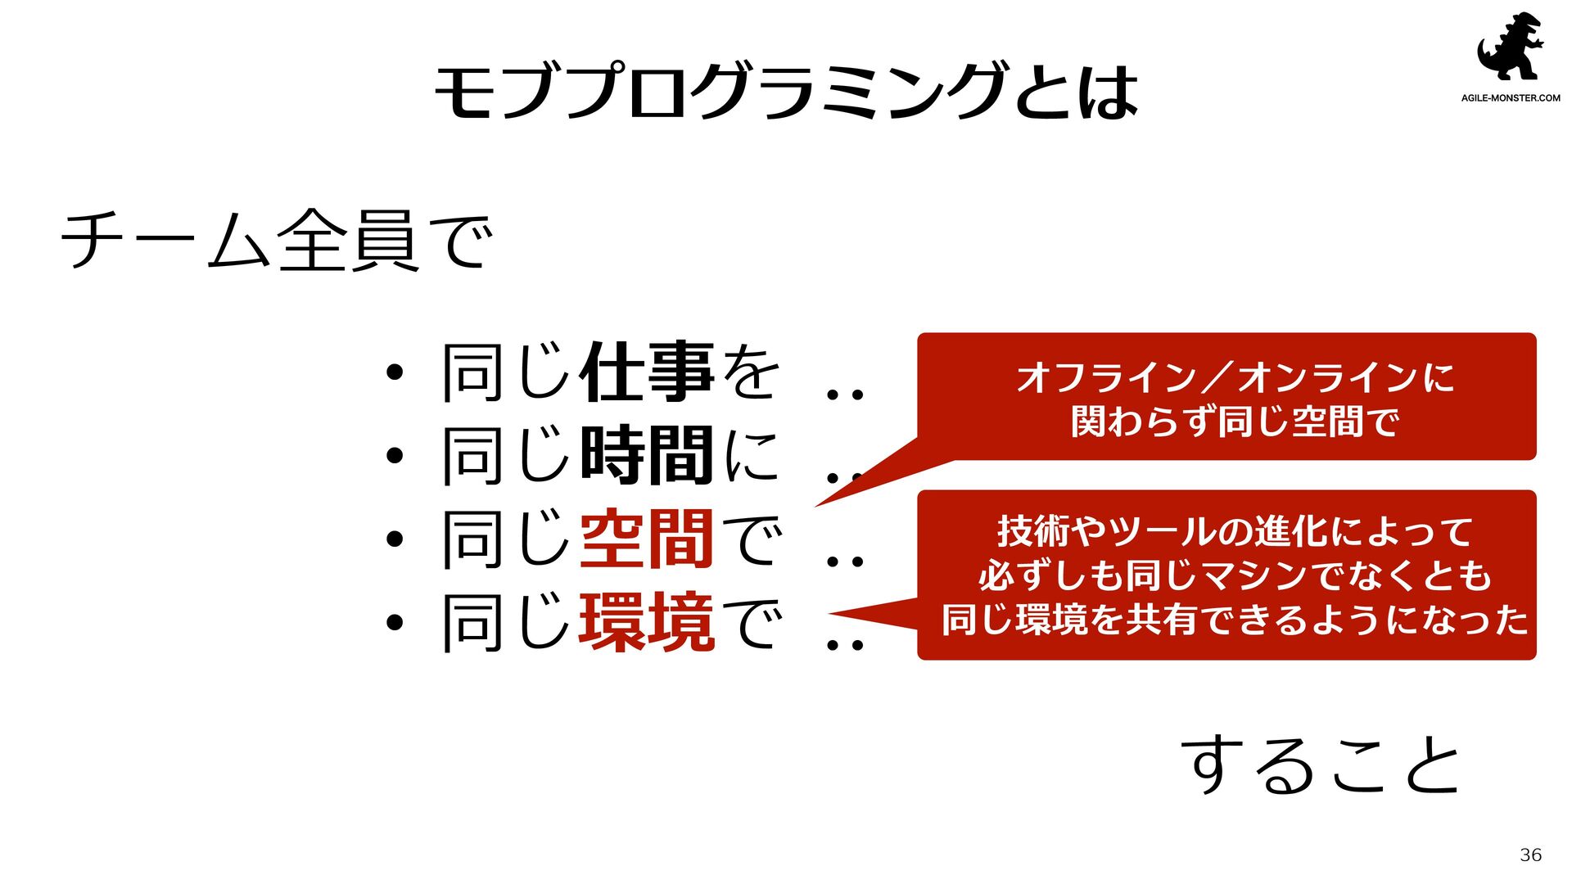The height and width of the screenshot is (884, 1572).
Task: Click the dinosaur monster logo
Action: (1510, 47)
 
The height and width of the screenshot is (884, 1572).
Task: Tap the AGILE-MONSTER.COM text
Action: (1511, 98)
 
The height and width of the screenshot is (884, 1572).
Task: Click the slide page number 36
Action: (1530, 855)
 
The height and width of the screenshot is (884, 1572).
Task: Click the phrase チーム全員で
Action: (277, 240)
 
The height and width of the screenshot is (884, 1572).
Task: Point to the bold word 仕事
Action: (647, 373)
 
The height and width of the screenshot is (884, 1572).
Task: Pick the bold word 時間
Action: (647, 456)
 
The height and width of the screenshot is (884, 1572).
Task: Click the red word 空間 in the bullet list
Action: (647, 539)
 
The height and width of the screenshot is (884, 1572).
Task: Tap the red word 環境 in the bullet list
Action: (647, 623)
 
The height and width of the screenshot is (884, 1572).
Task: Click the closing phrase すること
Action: (1321, 764)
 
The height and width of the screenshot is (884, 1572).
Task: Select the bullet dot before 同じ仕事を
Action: (395, 373)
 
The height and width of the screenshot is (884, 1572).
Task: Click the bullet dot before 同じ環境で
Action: (395, 623)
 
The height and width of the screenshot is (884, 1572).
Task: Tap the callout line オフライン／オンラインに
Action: (1235, 378)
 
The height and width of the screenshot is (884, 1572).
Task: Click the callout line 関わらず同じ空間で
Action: (1235, 422)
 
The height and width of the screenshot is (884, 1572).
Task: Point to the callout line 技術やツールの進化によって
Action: (1235, 532)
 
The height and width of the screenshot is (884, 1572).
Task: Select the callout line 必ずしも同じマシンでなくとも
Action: (1235, 575)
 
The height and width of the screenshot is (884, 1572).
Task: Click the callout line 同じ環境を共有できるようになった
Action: (1235, 620)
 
